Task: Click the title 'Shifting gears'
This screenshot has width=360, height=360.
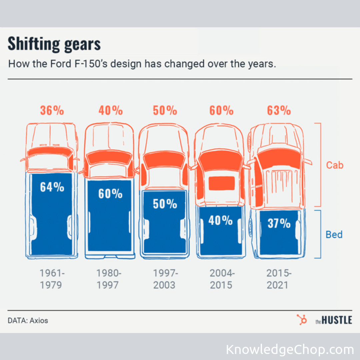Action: tap(54, 44)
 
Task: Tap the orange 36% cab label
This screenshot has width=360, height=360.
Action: tap(52, 110)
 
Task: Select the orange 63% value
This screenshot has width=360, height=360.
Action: tap(279, 110)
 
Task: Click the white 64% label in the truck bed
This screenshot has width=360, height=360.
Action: tap(52, 187)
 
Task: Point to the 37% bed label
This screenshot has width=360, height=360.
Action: tap(279, 223)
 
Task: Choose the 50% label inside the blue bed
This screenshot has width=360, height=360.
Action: tap(165, 203)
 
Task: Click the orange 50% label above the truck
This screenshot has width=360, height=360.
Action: tap(165, 110)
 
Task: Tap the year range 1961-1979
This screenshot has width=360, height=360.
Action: tap(52, 279)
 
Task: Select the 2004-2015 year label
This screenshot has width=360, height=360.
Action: tap(222, 279)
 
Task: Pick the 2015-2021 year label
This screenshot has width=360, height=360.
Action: tap(279, 279)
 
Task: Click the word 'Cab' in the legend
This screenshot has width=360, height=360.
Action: tap(334, 165)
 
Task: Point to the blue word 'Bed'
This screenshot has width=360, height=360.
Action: tap(334, 235)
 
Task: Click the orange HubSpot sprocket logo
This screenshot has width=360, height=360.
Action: tap(302, 320)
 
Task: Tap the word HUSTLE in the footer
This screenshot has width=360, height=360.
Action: tap(337, 320)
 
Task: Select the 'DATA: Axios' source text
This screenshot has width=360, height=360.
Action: tap(28, 321)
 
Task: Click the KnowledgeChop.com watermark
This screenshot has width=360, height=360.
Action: tap(290, 350)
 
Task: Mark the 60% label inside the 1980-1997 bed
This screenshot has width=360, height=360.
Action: tap(110, 194)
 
